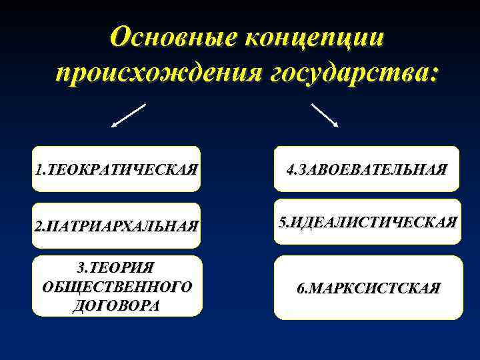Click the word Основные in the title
(x=171, y=37)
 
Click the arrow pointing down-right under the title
(x=325, y=115)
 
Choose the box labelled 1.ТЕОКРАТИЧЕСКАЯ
(x=116, y=169)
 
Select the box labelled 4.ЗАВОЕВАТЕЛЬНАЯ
(x=366, y=169)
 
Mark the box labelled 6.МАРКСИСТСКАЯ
(x=368, y=288)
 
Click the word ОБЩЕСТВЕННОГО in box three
(x=116, y=287)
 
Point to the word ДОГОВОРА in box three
(x=116, y=305)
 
